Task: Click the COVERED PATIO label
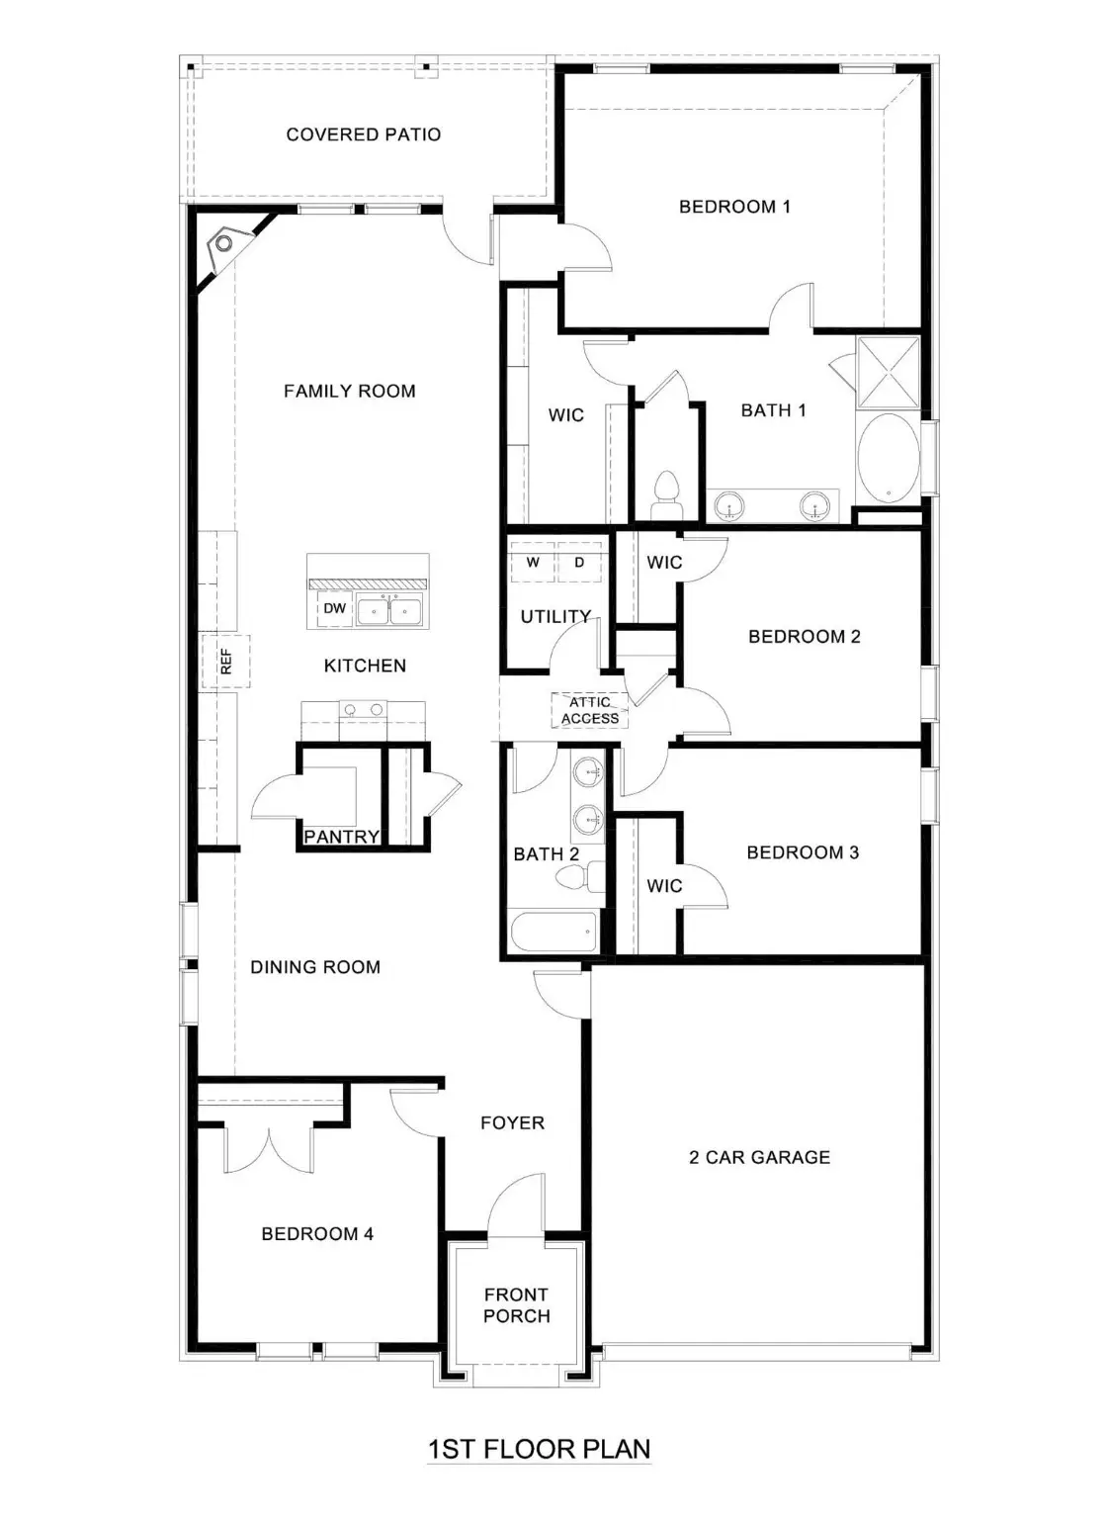363,134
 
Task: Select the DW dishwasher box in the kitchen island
335,608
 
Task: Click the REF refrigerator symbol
225,662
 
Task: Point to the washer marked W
533,562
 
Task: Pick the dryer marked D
579,562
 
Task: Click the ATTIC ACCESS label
590,710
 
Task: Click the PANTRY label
341,837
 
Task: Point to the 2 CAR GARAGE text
759,1157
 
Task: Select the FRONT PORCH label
516,1305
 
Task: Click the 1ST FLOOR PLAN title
539,1449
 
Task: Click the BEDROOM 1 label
734,207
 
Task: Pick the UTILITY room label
555,616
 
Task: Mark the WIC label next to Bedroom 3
664,886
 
